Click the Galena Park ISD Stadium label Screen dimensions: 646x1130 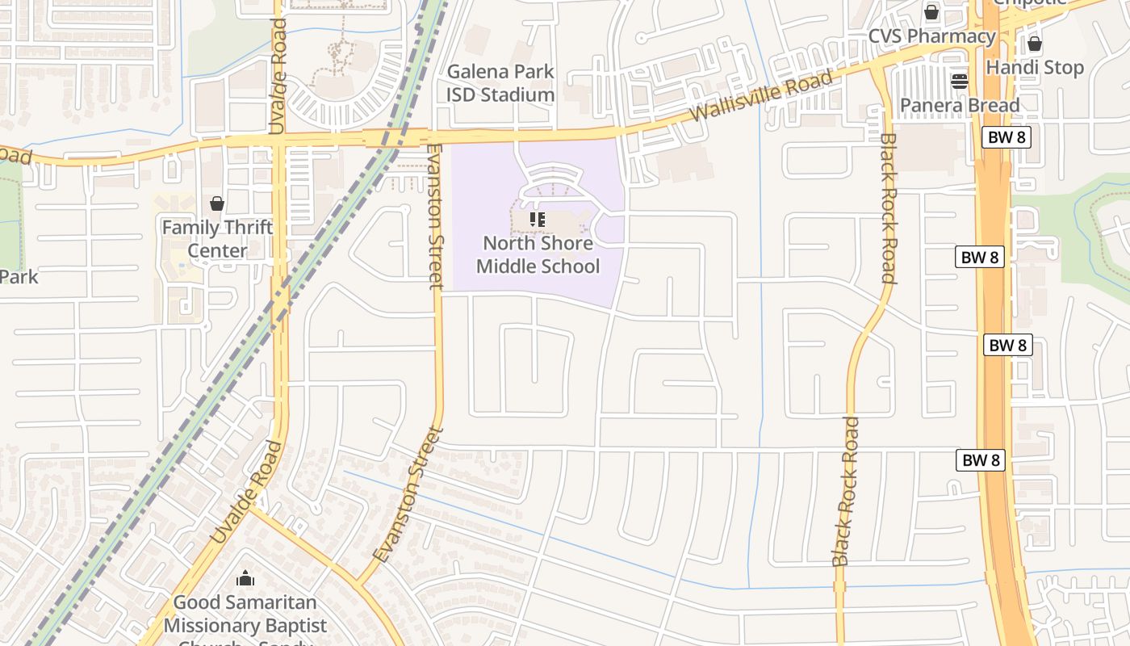pyautogui.click(x=500, y=83)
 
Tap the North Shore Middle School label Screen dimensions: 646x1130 pyautogui.click(x=538, y=254)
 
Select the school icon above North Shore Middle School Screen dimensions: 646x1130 pyautogui.click(x=538, y=220)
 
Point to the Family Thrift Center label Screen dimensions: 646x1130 pyautogui.click(x=217, y=238)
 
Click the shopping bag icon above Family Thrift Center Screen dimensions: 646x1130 pyautogui.click(x=217, y=203)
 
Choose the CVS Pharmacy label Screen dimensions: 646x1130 pyautogui.click(x=931, y=36)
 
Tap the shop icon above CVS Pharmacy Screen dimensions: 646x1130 pyautogui.click(x=931, y=12)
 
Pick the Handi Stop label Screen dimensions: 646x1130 pyautogui.click(x=1034, y=67)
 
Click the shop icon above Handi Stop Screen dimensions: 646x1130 pyautogui.click(x=1034, y=44)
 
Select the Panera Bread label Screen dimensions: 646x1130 pyautogui.click(x=959, y=105)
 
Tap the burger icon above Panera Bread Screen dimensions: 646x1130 pyautogui.click(x=959, y=81)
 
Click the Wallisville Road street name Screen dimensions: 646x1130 pyautogui.click(x=761, y=95)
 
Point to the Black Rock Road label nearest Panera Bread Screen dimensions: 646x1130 pyautogui.click(x=888, y=208)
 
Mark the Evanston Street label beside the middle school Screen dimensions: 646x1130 pyautogui.click(x=435, y=216)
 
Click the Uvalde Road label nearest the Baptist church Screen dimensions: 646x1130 pyautogui.click(x=247, y=493)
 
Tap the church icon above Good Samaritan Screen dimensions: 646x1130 pyautogui.click(x=245, y=579)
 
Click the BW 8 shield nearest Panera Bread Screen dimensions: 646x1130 pyautogui.click(x=1007, y=137)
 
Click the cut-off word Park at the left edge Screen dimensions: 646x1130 pyautogui.click(x=19, y=276)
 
